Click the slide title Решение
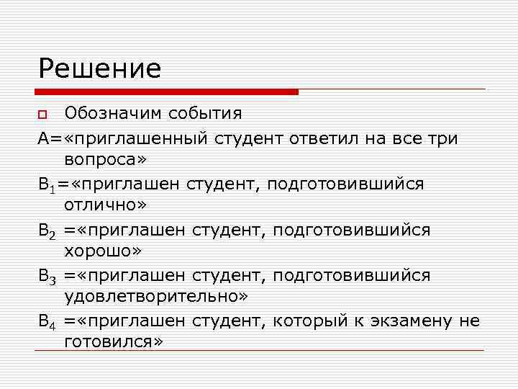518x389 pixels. point(100,68)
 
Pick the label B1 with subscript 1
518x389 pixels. point(48,184)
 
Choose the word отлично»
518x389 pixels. point(105,205)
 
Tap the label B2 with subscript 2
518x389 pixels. point(48,230)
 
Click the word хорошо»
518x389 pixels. point(103,251)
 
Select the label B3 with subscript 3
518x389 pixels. point(48,276)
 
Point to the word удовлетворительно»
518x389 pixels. point(156,297)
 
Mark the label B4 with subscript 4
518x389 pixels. point(48,321)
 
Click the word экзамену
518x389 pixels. point(406,321)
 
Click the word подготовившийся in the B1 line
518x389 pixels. point(346,184)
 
